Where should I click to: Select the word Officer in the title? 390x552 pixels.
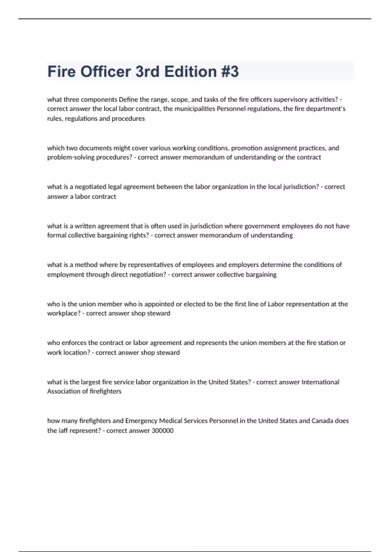tap(106, 71)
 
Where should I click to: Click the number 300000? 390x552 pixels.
tap(162, 431)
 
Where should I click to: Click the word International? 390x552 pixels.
tap(320, 382)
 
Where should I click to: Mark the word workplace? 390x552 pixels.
tap(64, 313)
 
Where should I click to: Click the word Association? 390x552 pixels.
tap(63, 391)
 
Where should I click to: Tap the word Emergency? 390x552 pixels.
tap(141, 421)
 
